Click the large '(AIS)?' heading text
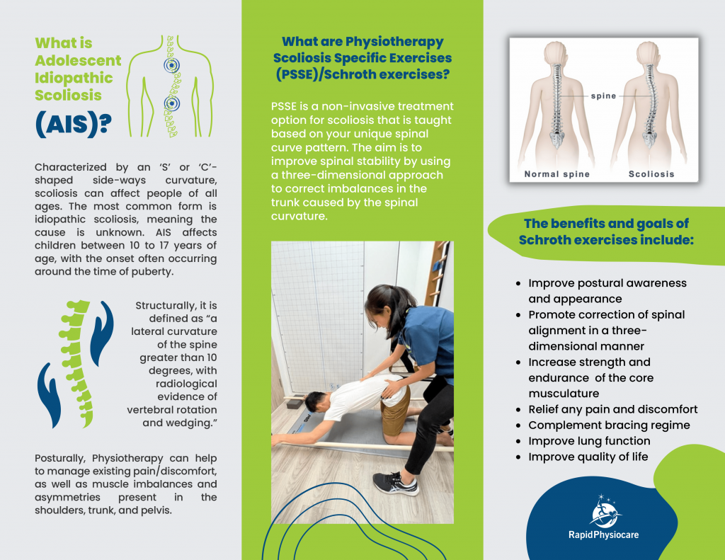73,123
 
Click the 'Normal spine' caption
556,173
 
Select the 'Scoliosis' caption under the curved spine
651,173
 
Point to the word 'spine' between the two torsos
603,96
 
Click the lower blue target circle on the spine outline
170,105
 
